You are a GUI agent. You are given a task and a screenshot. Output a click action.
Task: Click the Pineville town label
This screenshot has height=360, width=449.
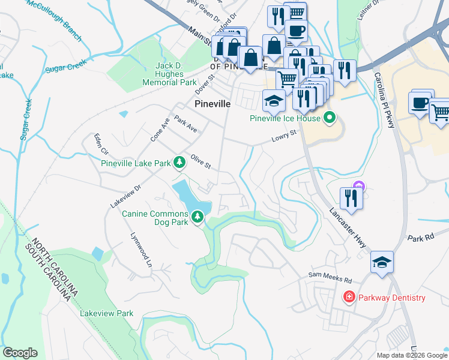click(212, 103)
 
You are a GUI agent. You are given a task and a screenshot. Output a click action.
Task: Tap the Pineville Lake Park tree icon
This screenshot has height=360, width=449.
click(179, 163)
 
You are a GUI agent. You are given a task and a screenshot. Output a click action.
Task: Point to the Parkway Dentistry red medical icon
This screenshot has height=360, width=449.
click(348, 297)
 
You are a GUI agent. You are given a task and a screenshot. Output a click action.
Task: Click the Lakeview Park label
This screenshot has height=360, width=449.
click(107, 313)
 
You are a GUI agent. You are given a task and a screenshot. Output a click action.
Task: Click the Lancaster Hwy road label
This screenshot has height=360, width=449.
click(349, 227)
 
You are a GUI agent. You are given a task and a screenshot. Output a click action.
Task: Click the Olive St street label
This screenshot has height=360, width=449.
click(200, 161)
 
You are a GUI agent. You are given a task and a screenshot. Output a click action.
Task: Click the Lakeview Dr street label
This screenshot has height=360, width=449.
click(125, 196)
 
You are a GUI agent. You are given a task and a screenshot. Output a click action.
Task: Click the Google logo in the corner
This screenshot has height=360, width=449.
click(20, 353)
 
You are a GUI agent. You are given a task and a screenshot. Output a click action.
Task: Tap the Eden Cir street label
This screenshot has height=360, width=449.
click(98, 145)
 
